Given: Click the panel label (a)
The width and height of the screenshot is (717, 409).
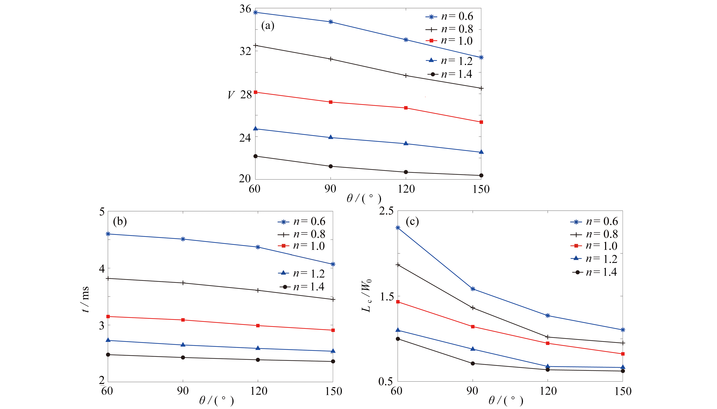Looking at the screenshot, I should point(267,26).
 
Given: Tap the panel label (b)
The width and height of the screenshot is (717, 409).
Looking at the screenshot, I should point(120,221).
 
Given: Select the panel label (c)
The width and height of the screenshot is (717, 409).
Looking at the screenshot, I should point(412,221).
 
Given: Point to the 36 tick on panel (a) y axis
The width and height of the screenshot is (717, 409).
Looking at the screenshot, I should point(245,9).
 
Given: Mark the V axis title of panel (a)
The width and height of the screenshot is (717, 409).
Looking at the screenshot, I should point(231,95).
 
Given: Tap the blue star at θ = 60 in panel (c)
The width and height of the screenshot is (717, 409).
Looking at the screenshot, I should point(398,228).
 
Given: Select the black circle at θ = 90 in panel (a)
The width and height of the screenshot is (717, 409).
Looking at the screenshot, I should point(330,166).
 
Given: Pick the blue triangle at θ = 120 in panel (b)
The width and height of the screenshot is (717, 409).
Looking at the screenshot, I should point(258,348).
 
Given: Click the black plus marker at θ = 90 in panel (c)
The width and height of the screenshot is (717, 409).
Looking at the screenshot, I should point(473,308).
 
